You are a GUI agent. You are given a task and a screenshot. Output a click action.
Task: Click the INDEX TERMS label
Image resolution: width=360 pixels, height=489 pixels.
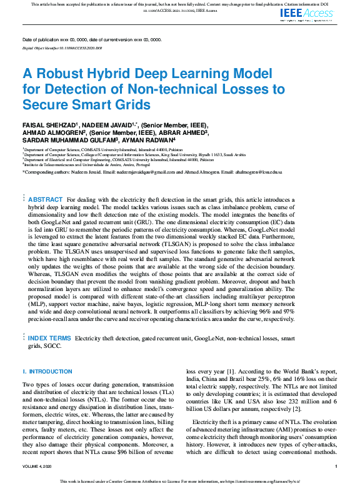[49, 338]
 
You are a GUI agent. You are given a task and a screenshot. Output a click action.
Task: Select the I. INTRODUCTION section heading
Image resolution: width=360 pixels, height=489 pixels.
[47, 372]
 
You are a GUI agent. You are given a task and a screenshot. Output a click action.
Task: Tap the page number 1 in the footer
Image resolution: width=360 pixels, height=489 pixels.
[336, 466]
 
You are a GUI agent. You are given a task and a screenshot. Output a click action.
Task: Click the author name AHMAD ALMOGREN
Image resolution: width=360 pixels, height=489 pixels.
[53, 133]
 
